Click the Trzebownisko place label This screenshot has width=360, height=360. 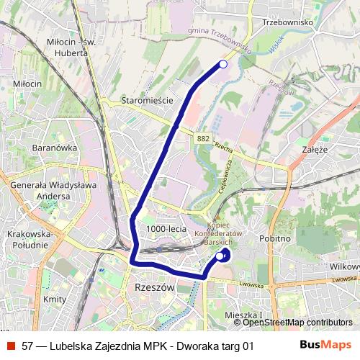tap(287, 22)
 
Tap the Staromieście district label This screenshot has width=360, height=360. tap(148, 101)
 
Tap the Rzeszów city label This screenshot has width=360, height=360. tap(155, 287)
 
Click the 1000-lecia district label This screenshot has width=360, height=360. tap(166, 228)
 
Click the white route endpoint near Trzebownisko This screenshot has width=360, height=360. tap(222, 65)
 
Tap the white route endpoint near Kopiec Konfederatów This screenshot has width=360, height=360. tap(220, 255)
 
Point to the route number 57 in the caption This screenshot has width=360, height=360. tap(28, 345)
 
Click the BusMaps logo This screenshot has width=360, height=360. tap(326, 345)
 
